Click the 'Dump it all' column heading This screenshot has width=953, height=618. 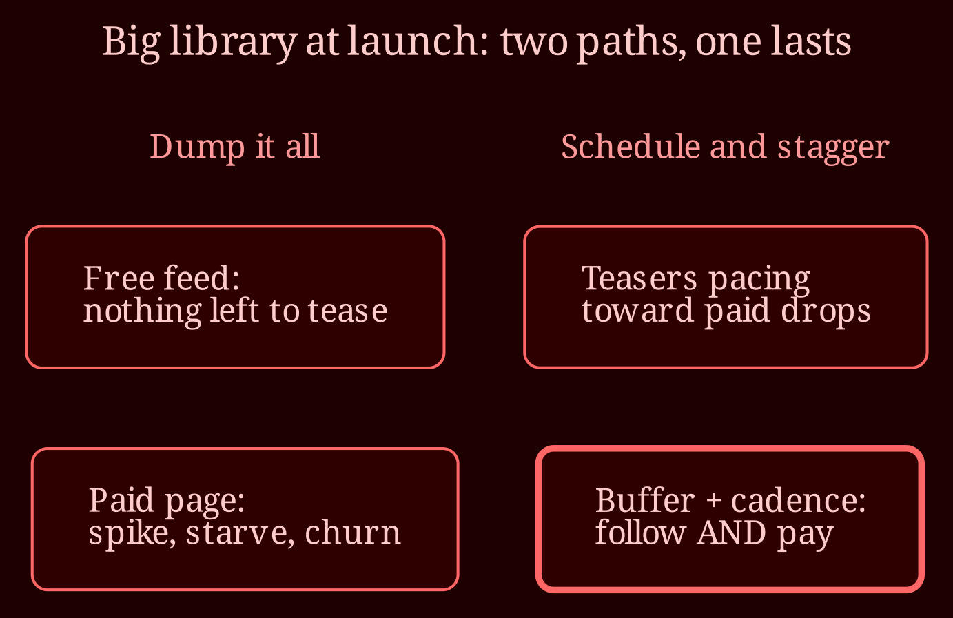(x=234, y=147)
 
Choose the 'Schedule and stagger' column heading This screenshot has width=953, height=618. (x=726, y=147)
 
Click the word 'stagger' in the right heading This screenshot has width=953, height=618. (x=834, y=150)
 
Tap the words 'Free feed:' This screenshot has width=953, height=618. (x=161, y=278)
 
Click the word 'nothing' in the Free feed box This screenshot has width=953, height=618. (x=142, y=313)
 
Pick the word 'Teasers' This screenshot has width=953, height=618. (x=639, y=278)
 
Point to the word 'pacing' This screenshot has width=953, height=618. (x=760, y=280)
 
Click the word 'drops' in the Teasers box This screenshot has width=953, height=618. (x=826, y=313)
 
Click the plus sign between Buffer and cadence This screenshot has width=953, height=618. (x=713, y=502)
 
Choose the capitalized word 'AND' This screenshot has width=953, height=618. (x=731, y=533)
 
